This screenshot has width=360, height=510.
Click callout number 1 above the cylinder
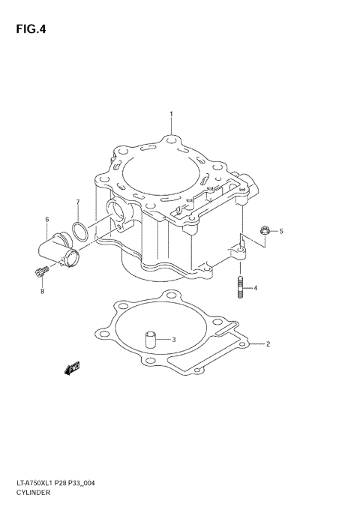click(x=171, y=115)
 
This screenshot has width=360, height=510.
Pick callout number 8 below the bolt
click(x=42, y=291)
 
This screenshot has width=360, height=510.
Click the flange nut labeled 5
click(x=264, y=231)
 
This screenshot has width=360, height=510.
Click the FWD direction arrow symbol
click(x=72, y=367)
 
